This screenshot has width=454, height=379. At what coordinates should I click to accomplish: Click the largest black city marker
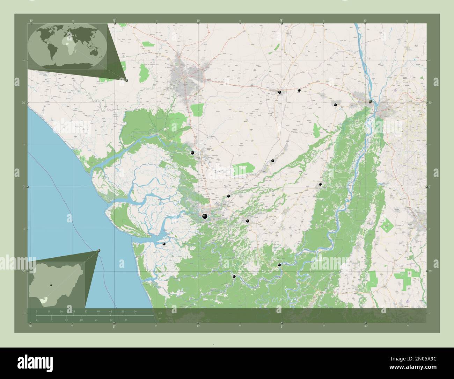205,217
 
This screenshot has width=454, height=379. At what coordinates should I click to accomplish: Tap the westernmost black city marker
164,244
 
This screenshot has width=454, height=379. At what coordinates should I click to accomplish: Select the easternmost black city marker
370,101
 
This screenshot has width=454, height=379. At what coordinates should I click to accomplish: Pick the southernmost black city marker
234,277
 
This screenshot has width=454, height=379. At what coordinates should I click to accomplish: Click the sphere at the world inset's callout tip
126,80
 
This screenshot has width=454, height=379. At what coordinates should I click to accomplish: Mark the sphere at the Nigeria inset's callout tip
99,250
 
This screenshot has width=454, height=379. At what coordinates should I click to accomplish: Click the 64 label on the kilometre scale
135,311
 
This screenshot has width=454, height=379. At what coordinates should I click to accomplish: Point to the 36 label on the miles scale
126,320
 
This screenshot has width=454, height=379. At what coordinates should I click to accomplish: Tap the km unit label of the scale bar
160,313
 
